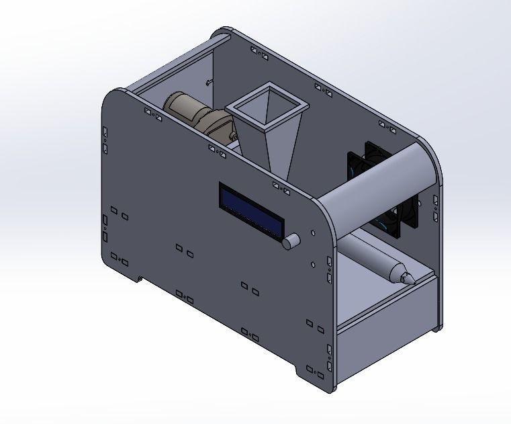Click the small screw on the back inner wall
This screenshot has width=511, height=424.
pos(209,83)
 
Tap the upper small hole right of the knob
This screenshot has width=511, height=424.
pos(314,234)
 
